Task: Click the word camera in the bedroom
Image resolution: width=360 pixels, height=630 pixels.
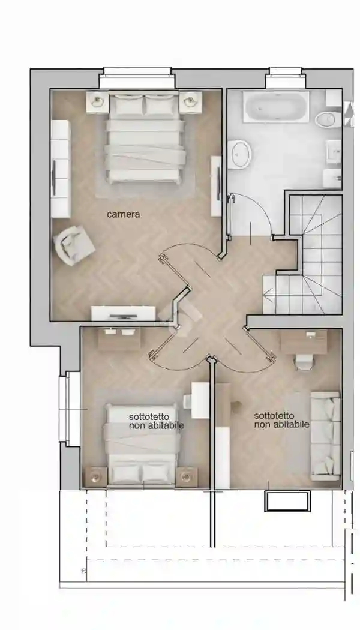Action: click(124, 214)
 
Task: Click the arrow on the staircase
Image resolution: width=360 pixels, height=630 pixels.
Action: click(268, 294)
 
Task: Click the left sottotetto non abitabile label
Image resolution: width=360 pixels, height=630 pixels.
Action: click(156, 420)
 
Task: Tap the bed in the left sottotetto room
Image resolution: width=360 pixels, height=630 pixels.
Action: click(142, 444)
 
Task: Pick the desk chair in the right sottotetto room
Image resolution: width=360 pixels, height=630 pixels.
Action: click(303, 361)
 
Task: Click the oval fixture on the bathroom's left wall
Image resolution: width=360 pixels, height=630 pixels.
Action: click(241, 154)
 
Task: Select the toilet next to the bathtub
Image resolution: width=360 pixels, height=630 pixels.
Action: click(327, 119)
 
